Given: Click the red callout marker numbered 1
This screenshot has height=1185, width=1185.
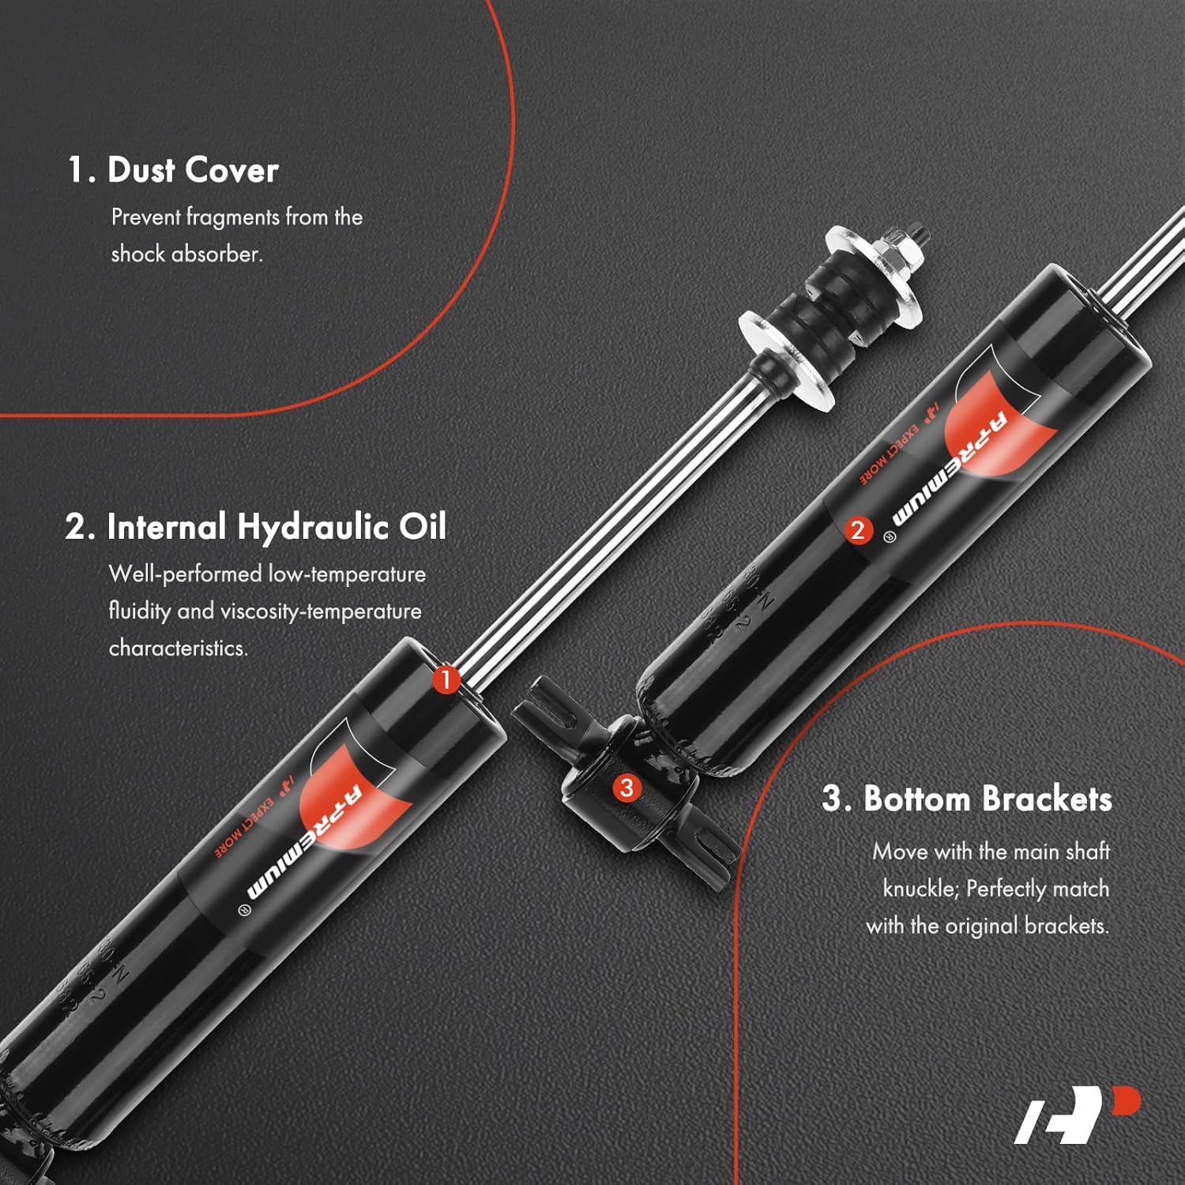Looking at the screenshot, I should (446, 679).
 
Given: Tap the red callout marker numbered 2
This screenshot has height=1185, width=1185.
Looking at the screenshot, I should (858, 529).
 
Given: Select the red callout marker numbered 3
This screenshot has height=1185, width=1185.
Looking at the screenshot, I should (626, 788).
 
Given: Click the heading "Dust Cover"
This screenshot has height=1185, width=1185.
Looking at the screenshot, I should (193, 171).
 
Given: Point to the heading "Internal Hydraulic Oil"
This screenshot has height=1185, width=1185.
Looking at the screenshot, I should (276, 527).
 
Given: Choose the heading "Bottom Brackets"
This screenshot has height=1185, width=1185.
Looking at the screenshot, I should (987, 799).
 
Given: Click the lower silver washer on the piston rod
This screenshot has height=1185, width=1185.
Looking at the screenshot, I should (786, 359).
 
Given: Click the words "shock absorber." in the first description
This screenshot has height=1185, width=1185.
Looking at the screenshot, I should (186, 254).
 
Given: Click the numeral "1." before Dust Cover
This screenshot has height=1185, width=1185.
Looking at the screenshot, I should (81, 171).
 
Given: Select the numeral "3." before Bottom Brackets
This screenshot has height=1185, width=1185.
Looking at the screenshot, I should (837, 799).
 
